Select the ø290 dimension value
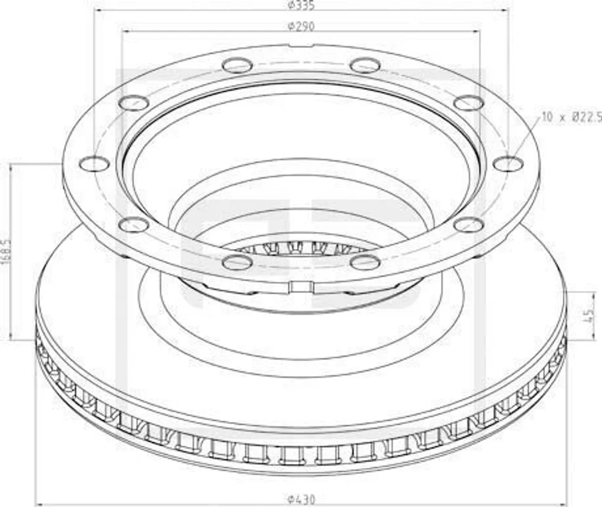(x=301, y=26)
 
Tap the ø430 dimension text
(x=302, y=499)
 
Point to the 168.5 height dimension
(x=5, y=251)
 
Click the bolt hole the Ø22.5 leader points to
(x=508, y=164)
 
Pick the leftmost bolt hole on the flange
(x=95, y=164)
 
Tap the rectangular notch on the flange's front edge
(x=302, y=287)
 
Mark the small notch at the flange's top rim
(x=302, y=46)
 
